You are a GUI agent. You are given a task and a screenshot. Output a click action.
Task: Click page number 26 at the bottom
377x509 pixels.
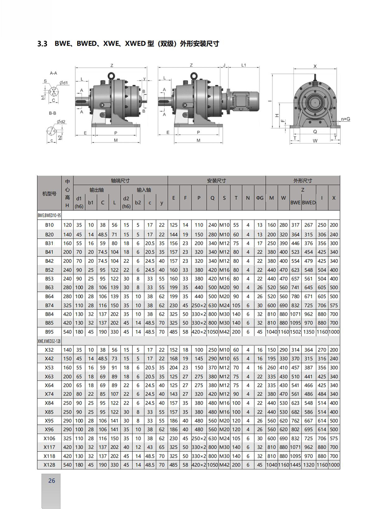coord(52,480)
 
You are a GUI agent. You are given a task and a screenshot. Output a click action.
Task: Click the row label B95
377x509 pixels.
coord(49,332)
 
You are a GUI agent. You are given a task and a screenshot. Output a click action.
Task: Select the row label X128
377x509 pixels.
coord(49,465)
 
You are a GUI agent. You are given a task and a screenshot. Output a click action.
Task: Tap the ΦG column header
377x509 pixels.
coord(260,198)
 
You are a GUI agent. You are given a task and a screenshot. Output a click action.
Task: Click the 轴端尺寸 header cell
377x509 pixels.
coord(120,181)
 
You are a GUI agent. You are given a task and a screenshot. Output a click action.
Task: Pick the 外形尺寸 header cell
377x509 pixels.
coord(302,181)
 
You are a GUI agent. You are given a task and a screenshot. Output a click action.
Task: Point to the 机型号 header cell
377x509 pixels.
coord(49,193)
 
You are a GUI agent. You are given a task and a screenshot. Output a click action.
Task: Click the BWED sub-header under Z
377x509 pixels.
coord(309,202)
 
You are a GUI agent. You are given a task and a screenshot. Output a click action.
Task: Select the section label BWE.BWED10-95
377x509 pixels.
coord(49,215)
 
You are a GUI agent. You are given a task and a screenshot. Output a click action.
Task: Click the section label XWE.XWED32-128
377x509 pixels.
coord(49,341)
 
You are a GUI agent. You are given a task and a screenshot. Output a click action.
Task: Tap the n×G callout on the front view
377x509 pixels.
coord(345,119)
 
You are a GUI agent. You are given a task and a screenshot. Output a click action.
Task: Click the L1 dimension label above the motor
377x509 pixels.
coord(244,65)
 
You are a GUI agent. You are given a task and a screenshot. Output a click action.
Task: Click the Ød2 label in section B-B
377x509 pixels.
coord(61,122)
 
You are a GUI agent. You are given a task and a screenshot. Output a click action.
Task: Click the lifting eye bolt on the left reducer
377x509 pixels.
coord(112,75)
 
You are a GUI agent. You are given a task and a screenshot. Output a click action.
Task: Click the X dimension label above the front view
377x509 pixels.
coord(315,66)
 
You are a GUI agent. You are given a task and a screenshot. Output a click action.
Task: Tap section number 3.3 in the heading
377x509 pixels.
coord(42,44)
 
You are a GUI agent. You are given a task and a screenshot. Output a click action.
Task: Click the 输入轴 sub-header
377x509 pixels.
coord(144,190)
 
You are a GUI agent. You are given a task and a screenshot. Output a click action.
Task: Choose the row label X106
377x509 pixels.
coord(49,438)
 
